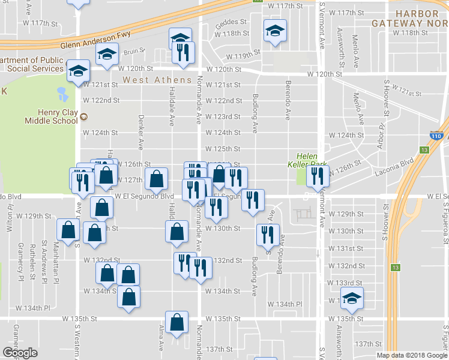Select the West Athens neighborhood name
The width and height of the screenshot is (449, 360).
pos(157,80)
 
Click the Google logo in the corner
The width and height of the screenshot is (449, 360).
pos(20,353)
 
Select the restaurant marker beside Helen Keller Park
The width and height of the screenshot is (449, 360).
pos(318,176)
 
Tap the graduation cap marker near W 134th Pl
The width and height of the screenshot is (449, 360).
pos(352,298)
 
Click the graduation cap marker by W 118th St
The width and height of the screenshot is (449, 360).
pos(275,31)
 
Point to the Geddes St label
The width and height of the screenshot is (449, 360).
pos(231,22)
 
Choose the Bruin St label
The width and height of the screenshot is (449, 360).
pos(131,52)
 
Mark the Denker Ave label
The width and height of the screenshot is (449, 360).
pos(142,132)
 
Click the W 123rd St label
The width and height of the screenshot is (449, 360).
pos(223,116)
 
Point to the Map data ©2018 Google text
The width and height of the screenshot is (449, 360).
pos(411,355)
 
